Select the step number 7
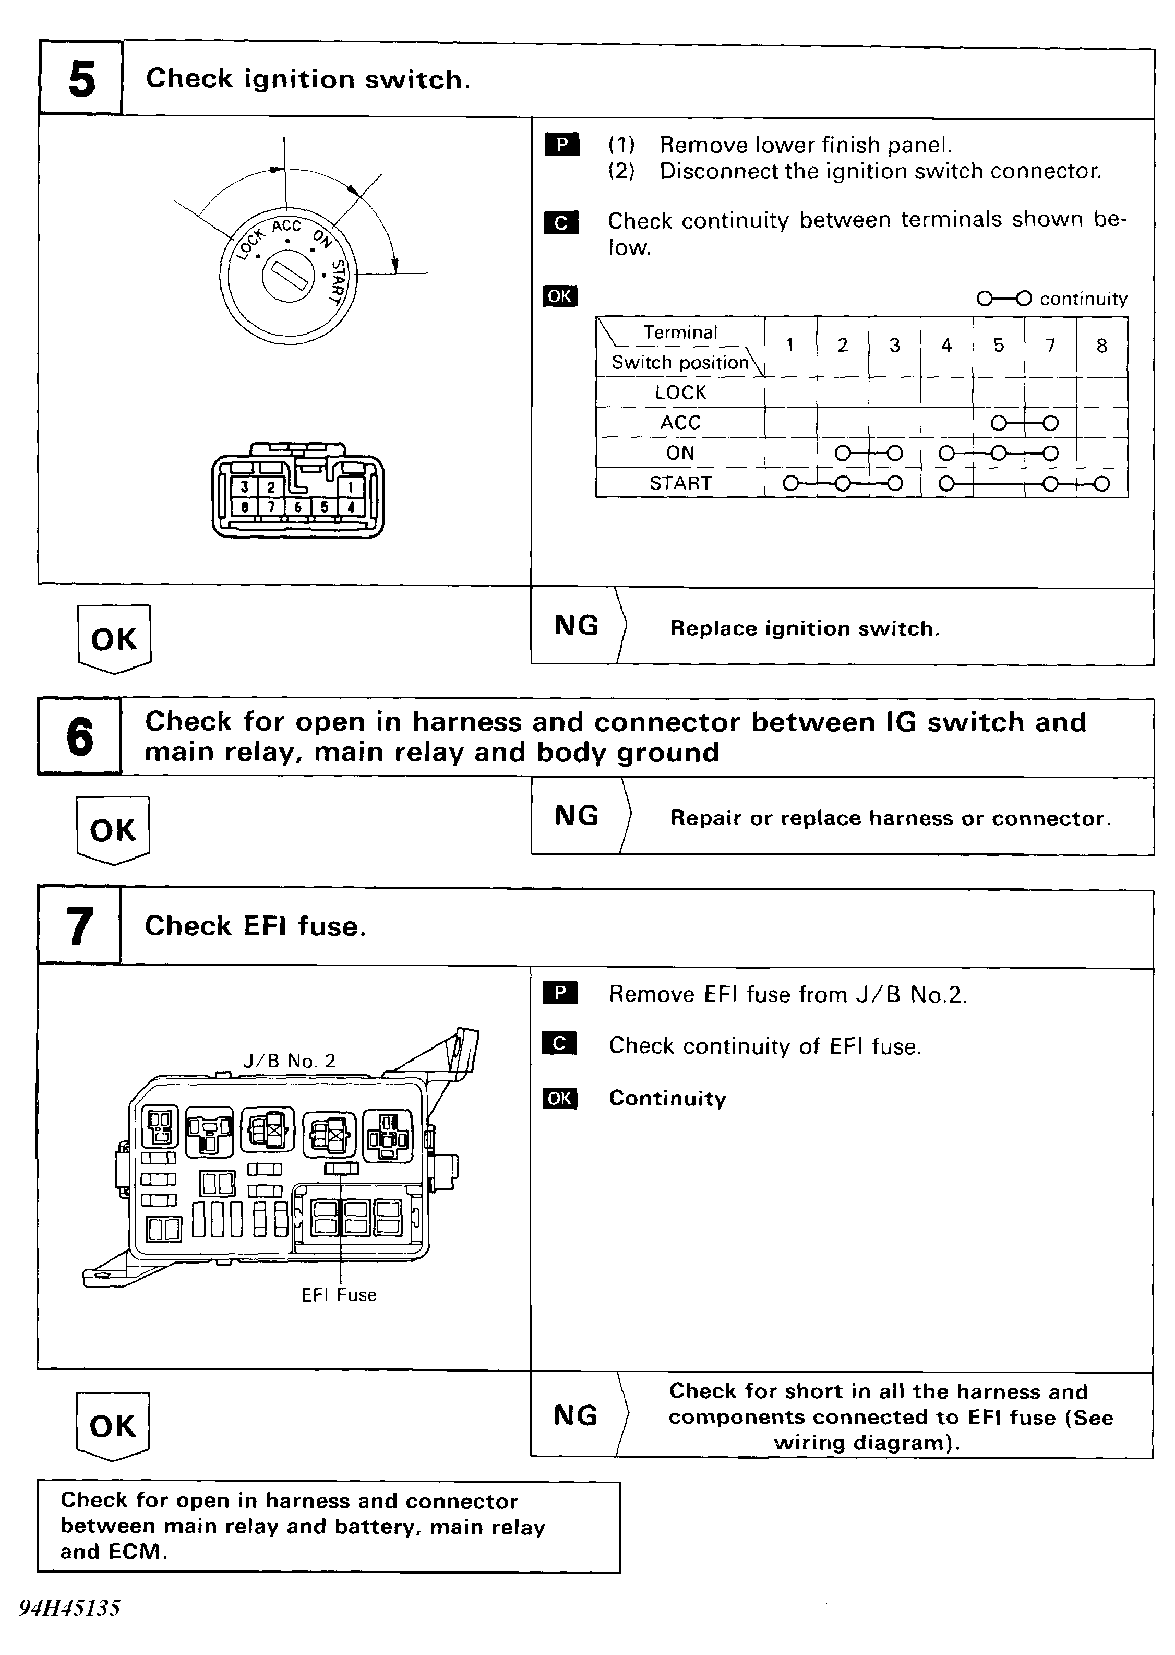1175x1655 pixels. [80, 926]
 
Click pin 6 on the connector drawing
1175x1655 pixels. [297, 507]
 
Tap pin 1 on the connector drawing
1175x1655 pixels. [351, 487]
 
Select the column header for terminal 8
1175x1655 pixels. [1101, 346]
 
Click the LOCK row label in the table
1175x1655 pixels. [680, 392]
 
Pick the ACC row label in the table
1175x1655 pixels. [680, 423]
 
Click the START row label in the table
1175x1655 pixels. [680, 483]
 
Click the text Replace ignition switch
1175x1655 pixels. [805, 628]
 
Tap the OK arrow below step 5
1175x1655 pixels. [114, 639]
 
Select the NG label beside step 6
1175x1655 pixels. [576, 816]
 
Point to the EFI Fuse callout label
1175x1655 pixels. [339, 1295]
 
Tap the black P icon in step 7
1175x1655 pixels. [559, 993]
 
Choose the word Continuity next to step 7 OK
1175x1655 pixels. [667, 1099]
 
